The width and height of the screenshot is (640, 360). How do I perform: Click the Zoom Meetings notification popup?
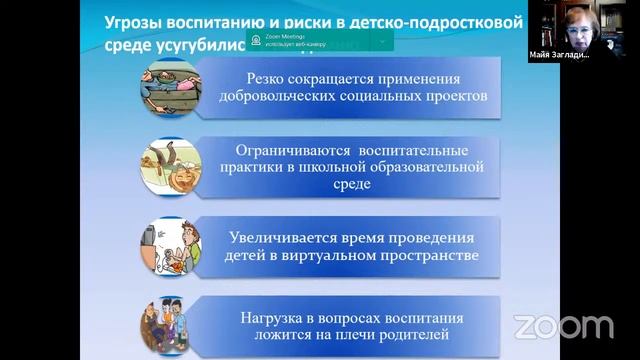319,41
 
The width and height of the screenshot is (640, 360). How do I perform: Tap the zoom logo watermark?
563,326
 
